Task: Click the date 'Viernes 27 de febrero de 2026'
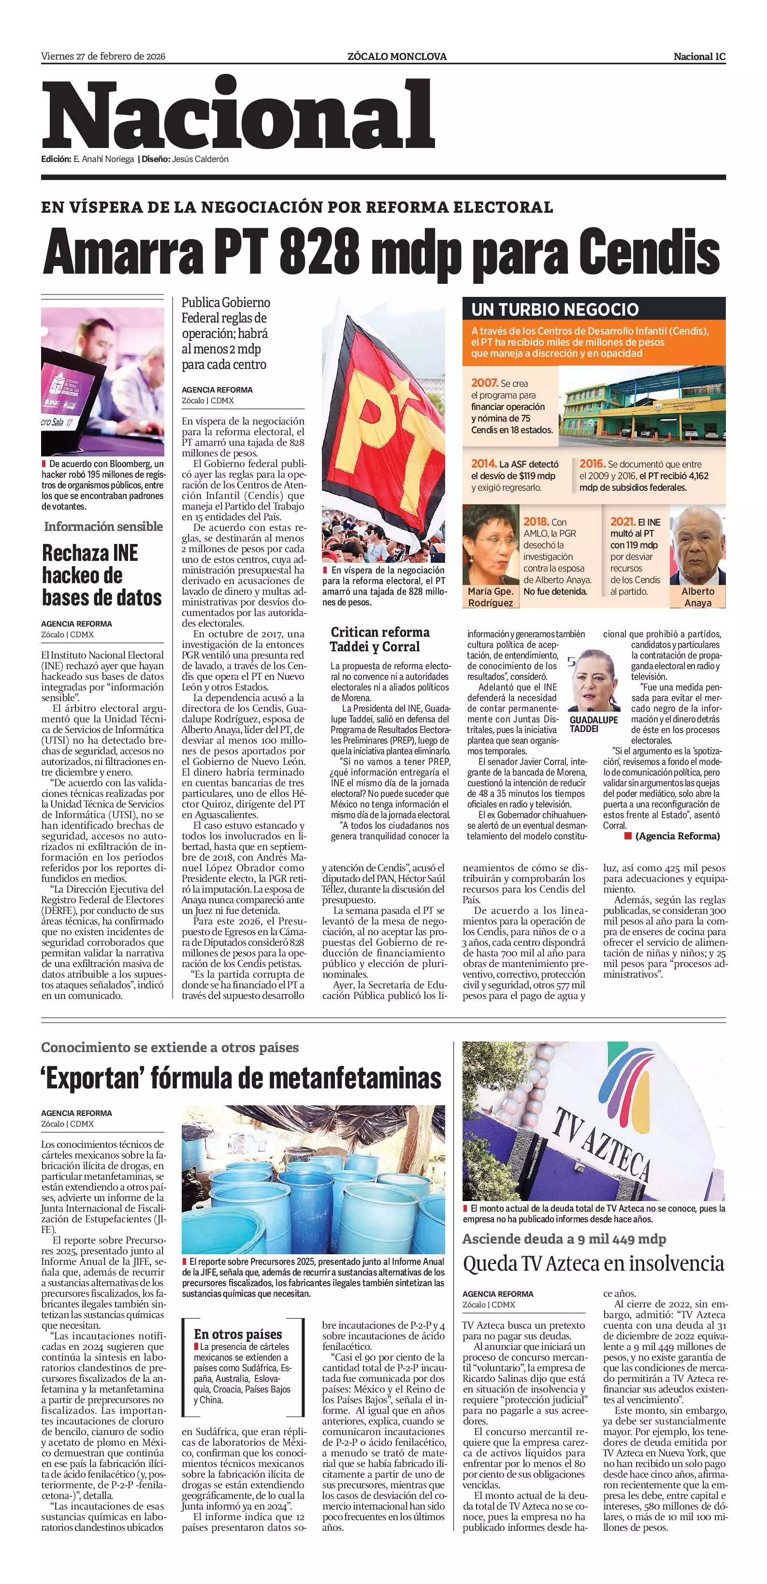click(103, 57)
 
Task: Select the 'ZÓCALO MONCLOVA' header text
click(397, 57)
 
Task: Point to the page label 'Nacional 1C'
click(699, 57)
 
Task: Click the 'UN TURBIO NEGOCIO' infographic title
click(555, 309)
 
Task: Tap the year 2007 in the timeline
click(484, 382)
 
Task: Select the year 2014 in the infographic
click(484, 464)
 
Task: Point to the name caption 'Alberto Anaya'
click(697, 597)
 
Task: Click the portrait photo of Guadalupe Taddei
click(593, 679)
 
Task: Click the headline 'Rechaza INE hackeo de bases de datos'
click(102, 575)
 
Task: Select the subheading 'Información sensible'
click(103, 527)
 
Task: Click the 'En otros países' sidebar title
click(238, 1335)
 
